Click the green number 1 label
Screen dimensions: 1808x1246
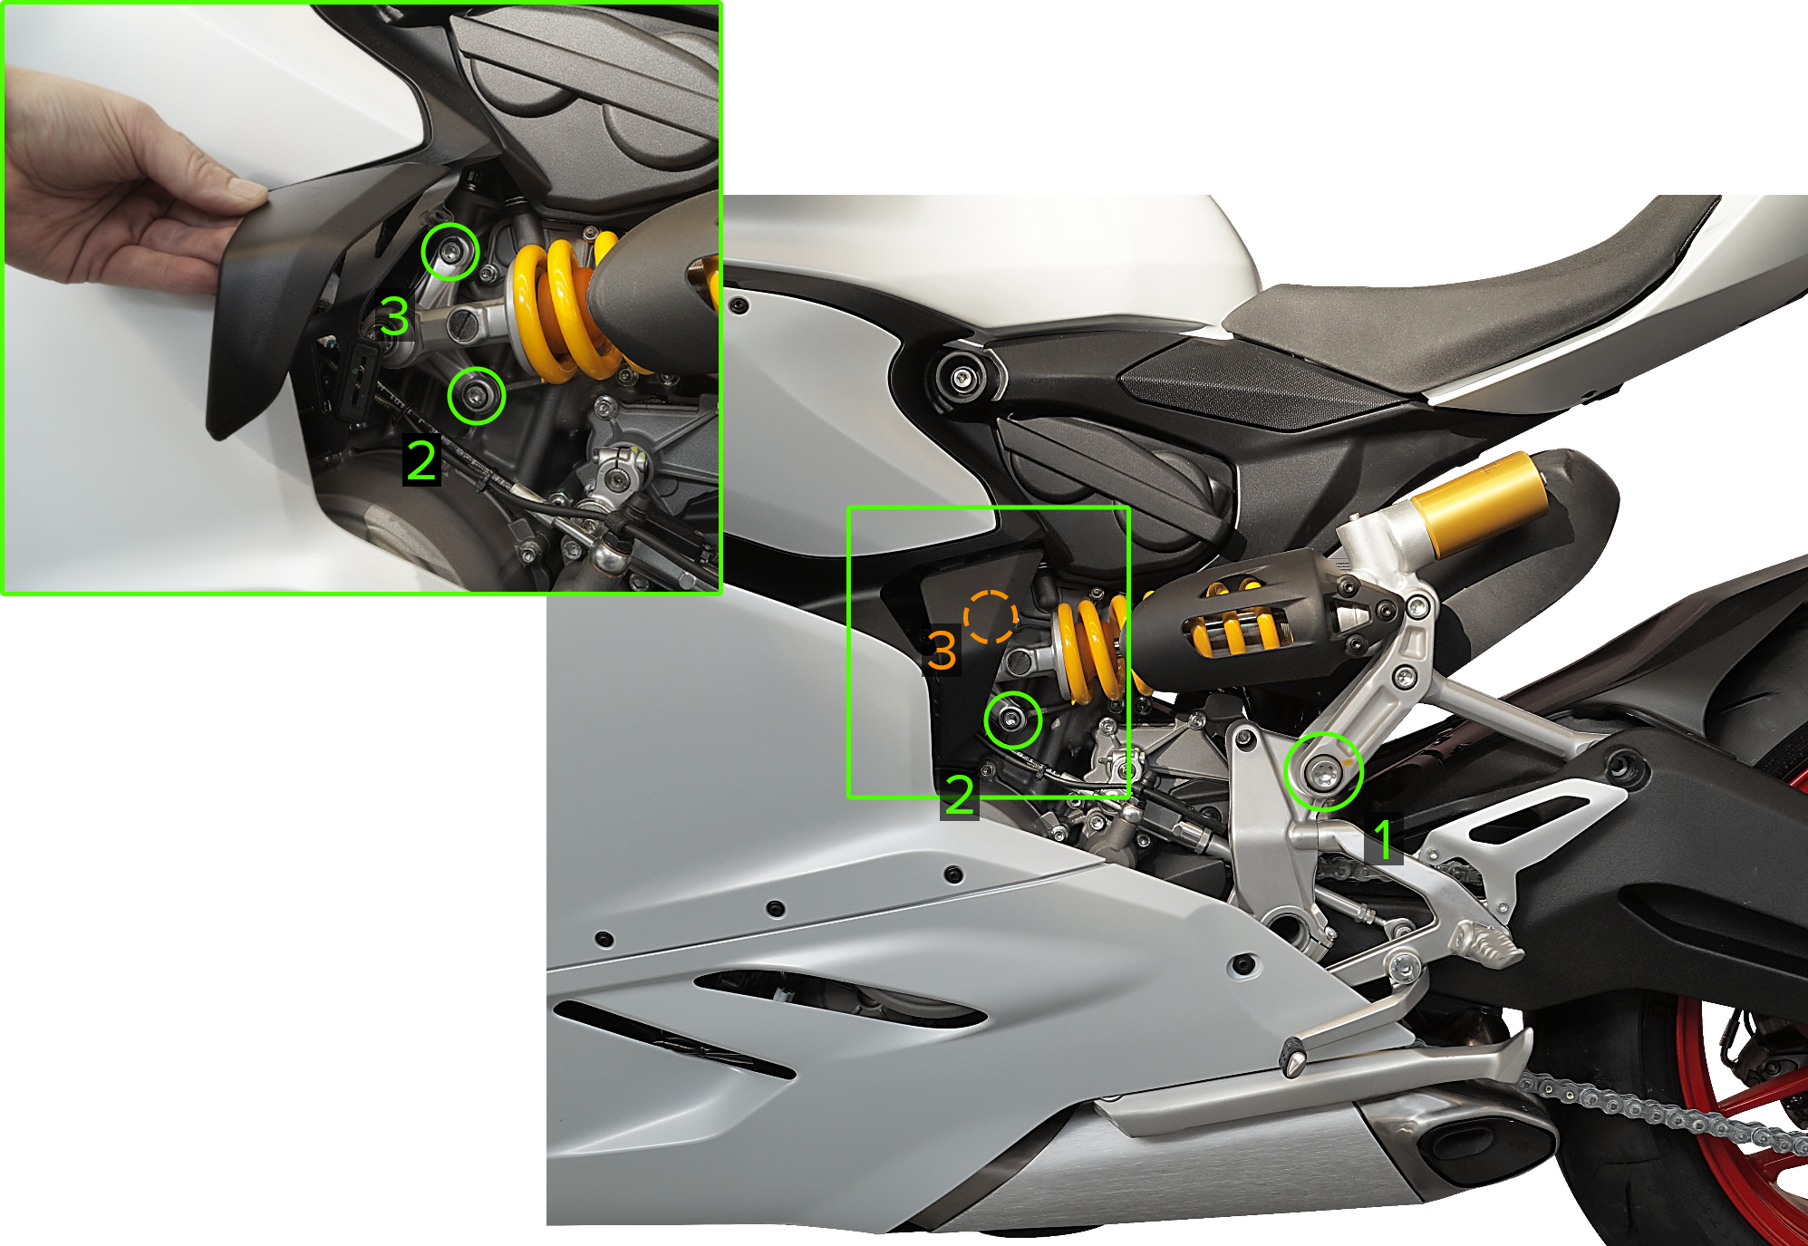click(x=1383, y=839)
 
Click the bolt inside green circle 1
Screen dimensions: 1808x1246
click(x=1323, y=773)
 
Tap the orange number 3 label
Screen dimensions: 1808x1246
click(x=942, y=651)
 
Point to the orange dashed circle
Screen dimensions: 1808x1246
click(x=990, y=617)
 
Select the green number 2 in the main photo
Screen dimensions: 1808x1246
click(x=959, y=796)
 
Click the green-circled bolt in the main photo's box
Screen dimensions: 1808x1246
click(x=1012, y=720)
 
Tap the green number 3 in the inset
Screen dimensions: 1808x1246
click(x=394, y=316)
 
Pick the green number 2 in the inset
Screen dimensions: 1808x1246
click(x=421, y=461)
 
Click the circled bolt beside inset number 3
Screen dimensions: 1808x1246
click(x=450, y=250)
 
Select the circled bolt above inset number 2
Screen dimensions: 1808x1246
click(x=476, y=395)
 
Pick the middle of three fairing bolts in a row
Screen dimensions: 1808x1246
click(x=776, y=908)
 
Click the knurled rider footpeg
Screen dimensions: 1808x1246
click(x=1486, y=946)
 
